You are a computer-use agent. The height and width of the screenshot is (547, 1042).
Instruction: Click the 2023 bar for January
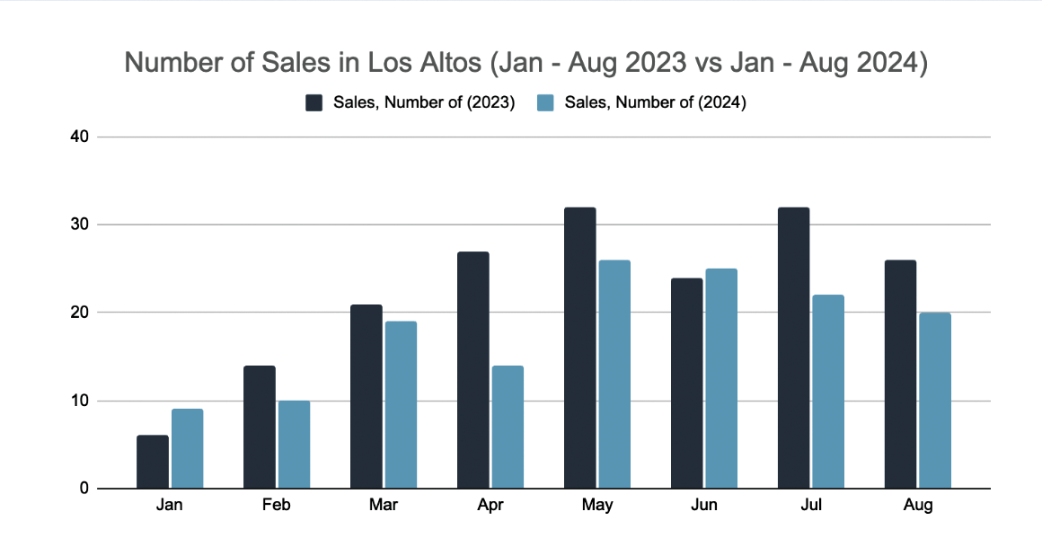coord(152,462)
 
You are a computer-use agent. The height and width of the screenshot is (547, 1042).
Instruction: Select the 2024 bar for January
coord(187,449)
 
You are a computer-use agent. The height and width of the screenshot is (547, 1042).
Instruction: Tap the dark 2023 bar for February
coord(259,427)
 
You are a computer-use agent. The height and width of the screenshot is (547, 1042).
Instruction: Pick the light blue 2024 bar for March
coord(401,405)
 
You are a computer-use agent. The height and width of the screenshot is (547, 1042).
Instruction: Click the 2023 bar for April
coord(472,370)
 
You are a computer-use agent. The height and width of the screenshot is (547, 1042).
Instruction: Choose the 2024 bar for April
coord(508,427)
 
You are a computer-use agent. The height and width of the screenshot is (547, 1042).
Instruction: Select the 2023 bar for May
coord(579,348)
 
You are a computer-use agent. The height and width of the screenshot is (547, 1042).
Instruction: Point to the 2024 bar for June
coord(721,378)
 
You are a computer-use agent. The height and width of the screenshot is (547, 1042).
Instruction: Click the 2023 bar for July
coord(793,348)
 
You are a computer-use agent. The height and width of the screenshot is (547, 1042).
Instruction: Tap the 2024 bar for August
coord(935,401)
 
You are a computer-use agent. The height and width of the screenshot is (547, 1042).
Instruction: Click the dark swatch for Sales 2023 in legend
coord(313,102)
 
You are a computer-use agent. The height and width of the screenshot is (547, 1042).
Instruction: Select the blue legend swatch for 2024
coord(545,102)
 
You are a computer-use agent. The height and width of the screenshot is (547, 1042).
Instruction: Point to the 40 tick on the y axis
coord(82,137)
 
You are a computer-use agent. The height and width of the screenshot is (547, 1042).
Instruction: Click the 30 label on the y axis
coord(82,225)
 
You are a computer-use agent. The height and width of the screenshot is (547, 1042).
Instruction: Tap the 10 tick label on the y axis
coord(82,401)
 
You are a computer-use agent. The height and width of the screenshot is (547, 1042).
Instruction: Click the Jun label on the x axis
coord(704,506)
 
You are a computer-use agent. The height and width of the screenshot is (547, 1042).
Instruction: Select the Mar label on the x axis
coord(384,506)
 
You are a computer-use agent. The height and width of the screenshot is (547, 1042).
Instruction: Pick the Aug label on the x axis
coord(918,506)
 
